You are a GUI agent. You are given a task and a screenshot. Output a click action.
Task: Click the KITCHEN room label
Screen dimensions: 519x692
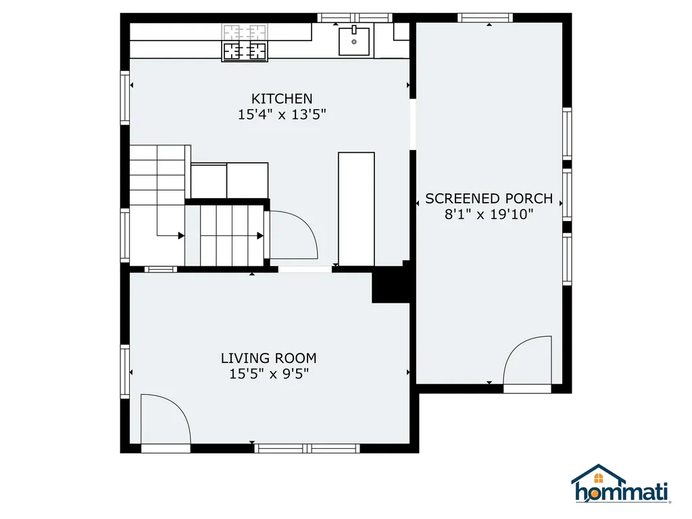coord(282,99)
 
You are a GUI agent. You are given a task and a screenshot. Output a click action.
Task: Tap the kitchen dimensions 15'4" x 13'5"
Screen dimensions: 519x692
coord(282,115)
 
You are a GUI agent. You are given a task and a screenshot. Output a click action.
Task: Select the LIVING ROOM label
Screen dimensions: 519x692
coord(268,358)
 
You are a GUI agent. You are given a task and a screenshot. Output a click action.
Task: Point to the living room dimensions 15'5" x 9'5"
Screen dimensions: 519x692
coord(268,374)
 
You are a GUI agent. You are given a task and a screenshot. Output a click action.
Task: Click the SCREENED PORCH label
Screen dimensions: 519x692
coord(489,199)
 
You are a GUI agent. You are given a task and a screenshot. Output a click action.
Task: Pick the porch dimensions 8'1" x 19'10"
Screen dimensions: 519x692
coord(489,215)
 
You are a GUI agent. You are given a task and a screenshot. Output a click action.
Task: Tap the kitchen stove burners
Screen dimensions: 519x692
coord(245,42)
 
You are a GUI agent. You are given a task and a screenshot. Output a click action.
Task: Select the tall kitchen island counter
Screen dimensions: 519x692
coord(356,209)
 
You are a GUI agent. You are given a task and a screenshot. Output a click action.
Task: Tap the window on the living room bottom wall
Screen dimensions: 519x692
coord(307,447)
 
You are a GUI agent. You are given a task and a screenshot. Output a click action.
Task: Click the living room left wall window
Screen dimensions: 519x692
coord(125,372)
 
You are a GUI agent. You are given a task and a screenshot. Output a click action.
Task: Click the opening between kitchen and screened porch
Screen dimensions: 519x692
coord(412,125)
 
